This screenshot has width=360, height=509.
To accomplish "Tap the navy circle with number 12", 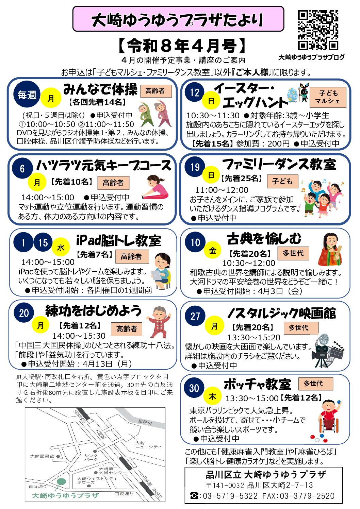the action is click(195, 92).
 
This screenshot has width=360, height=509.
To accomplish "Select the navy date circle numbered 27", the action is click(195, 316).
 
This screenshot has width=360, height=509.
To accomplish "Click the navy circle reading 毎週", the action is click(27, 94).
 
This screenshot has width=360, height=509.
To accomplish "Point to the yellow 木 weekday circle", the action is click(212, 396).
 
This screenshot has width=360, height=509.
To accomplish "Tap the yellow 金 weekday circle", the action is click(212, 250).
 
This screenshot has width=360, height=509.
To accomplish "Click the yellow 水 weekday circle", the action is click(61, 247).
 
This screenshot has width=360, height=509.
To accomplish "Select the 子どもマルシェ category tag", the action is click(328, 97).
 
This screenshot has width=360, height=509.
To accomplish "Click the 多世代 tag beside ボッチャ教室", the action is click(316, 384).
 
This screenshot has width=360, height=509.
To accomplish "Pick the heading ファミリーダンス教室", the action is click(279, 164).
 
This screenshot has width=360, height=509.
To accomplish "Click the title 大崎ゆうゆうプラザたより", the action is click(177, 20).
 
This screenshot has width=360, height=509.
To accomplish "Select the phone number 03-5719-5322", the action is click(230, 496).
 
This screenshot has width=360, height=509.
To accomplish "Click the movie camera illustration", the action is click(327, 351).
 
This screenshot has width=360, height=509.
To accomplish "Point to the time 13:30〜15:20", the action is click(254, 338).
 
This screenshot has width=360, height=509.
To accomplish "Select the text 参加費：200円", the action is click(263, 143).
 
